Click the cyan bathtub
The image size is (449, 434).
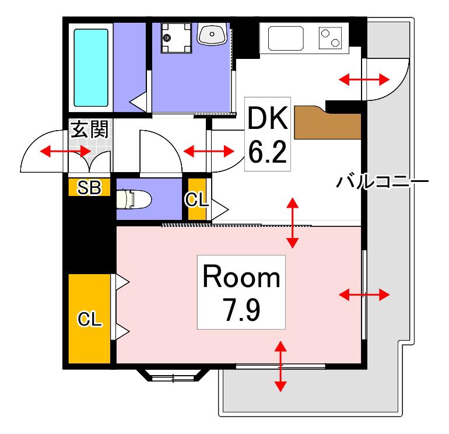pyautogui.click(x=91, y=68)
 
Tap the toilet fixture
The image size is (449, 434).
pyautogui.click(x=134, y=199)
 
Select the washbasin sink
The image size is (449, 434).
pyautogui.click(x=212, y=34)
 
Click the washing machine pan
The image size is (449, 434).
pyautogui.click(x=176, y=38)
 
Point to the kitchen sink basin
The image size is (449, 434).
pyautogui.click(x=286, y=38)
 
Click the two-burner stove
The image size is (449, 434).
pyautogui.click(x=330, y=38)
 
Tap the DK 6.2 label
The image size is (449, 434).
pyautogui.click(x=268, y=134)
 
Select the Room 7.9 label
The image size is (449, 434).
pyautogui.click(x=241, y=292)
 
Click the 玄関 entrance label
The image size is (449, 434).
pyautogui.click(x=90, y=129)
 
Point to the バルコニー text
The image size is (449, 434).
pyautogui.click(x=383, y=181)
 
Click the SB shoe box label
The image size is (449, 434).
pyautogui.click(x=89, y=187)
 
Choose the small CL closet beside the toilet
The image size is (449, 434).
pyautogui.click(x=197, y=199)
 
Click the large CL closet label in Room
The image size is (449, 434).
pyautogui.click(x=90, y=318)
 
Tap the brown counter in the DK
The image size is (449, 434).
pyautogui.click(x=327, y=123)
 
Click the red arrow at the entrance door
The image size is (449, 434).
pyautogui.click(x=65, y=151)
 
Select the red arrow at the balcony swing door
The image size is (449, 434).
pyautogui.click(x=364, y=79)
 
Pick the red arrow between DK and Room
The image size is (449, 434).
pyautogui.click(x=292, y=223)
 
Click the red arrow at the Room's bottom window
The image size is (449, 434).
pyautogui.click(x=280, y=366)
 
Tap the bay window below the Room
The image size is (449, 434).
pyautogui.click(x=173, y=375)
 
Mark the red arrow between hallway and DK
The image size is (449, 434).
pyautogui.click(x=209, y=151)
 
